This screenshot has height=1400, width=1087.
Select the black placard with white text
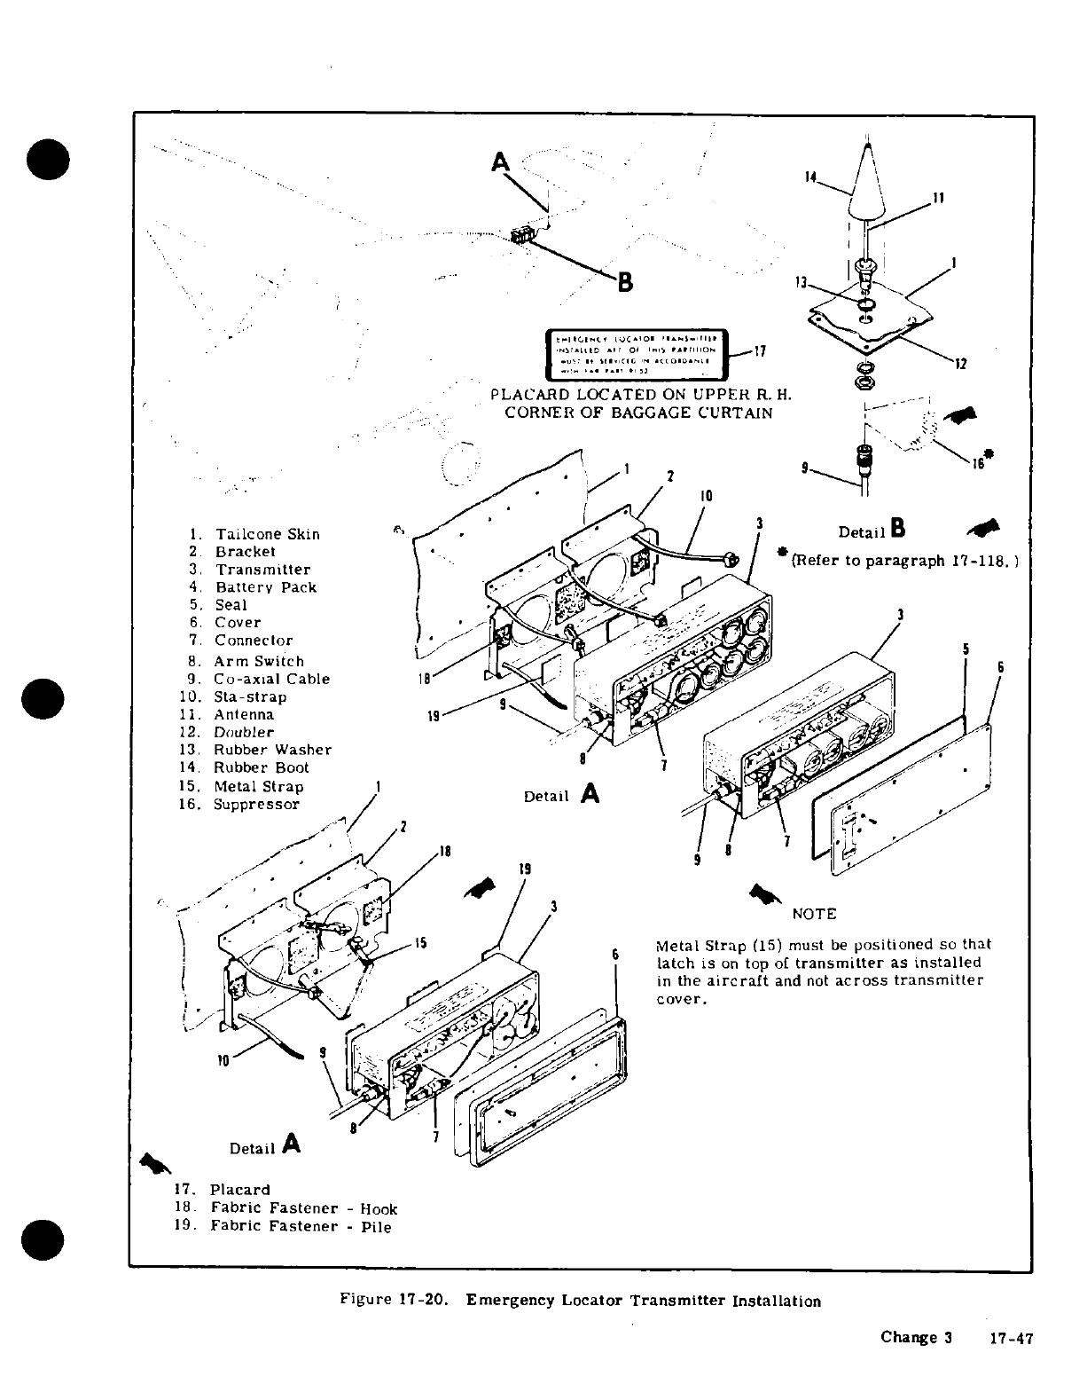(636, 352)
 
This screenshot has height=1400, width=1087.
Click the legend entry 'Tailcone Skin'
(267, 534)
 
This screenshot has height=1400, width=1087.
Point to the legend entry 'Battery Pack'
(265, 587)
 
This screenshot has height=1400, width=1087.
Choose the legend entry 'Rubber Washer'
(272, 750)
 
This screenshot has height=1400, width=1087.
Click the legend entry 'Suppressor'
(256, 805)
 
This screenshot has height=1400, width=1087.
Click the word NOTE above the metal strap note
(813, 914)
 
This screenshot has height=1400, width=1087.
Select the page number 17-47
(1011, 1340)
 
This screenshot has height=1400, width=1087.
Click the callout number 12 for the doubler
(960, 363)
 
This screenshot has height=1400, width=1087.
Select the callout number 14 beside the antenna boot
(809, 177)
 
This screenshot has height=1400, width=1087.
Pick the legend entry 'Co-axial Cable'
(271, 679)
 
